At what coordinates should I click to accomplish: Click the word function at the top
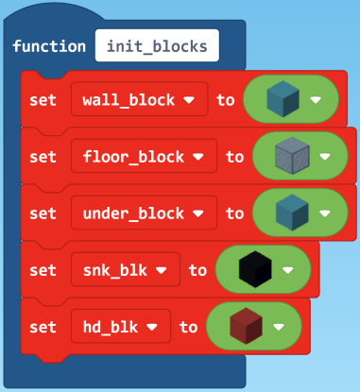pos(50,45)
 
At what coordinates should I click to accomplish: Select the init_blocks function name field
pos(158,45)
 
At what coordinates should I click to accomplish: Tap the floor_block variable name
pos(135,156)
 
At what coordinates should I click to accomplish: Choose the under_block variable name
pos(135,213)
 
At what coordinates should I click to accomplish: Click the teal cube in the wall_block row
pos(281,99)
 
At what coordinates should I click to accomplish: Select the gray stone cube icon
pos(290,156)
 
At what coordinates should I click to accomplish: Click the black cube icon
pos(252,269)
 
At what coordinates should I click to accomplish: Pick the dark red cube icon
pos(243,326)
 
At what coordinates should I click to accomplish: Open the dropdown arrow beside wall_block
pos(189,99)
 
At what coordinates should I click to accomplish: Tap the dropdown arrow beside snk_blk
pos(162,269)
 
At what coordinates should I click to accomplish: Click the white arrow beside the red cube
pos(279,326)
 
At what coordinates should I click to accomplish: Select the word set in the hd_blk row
pos(43,326)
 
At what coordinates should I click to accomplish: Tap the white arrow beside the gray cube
pos(326,156)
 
